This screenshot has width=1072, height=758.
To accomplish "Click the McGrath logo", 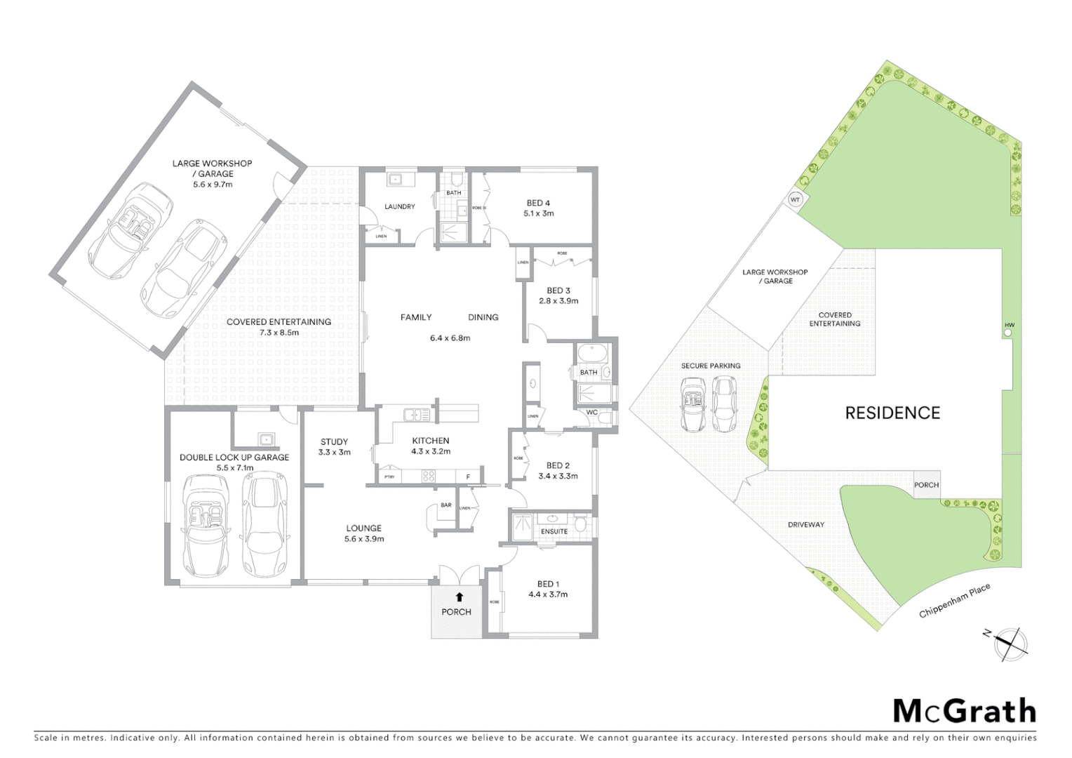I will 964,711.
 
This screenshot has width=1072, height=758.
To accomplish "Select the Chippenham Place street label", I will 955,601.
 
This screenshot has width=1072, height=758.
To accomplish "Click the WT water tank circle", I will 795,200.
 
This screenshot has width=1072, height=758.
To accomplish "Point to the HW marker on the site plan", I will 1009,326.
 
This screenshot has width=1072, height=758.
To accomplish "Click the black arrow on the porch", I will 459,597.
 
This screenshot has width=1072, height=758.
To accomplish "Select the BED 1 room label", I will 548,584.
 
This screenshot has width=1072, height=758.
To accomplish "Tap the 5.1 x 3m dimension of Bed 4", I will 538,213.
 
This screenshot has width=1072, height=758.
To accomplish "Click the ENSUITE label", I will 554,531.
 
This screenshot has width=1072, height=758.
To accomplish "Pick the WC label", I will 591,412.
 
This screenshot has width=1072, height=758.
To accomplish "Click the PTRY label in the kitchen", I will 389,477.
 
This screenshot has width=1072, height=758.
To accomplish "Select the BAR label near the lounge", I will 446,505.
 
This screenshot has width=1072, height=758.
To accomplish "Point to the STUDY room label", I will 334,441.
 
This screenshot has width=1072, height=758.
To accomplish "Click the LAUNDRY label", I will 400,206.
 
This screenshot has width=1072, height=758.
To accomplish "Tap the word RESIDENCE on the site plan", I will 892,413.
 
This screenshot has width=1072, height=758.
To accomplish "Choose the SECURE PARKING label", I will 710,366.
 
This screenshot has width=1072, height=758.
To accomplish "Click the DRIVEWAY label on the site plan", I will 806,524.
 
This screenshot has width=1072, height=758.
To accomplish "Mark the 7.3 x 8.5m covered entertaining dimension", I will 279,333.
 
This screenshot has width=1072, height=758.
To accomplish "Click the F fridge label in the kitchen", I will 468,477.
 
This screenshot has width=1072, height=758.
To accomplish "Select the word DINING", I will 483,317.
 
